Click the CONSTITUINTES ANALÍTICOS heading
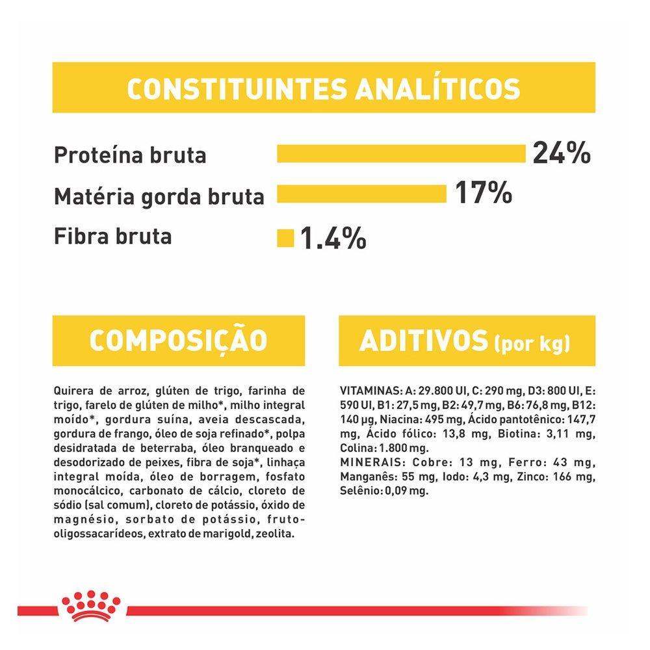click(323, 88)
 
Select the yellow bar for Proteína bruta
click(400, 155)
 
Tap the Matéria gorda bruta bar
click(361, 194)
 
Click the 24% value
click(561, 155)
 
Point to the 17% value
click(483, 193)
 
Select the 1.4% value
click(333, 238)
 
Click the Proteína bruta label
click(130, 155)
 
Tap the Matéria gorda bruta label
click(159, 196)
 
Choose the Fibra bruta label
click(113, 235)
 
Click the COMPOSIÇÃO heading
click(177, 341)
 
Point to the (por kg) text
click(531, 343)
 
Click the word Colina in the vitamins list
click(354, 448)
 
